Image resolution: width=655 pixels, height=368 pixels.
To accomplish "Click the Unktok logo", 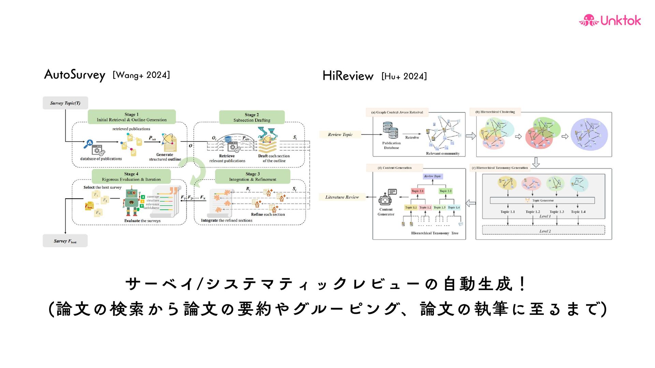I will (x=610, y=20).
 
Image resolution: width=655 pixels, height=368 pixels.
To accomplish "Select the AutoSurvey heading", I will (x=75, y=75).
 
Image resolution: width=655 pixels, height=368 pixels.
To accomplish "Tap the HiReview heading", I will (x=348, y=76).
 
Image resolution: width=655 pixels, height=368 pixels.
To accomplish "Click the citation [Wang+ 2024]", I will (x=141, y=75).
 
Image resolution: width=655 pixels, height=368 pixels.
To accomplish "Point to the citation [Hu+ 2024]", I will (x=404, y=76).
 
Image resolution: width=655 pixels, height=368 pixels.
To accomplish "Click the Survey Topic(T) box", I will (x=65, y=103).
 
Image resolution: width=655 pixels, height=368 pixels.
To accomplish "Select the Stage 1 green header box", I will (x=132, y=117).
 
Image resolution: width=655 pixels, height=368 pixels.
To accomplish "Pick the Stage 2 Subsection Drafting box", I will (x=252, y=117).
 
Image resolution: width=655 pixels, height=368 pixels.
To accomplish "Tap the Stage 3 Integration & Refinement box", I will (x=252, y=177).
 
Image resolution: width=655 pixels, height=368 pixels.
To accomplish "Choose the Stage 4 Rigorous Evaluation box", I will (x=131, y=177).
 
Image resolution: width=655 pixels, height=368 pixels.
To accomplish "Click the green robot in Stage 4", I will (x=132, y=202).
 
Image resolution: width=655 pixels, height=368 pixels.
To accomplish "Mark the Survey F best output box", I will (x=65, y=241).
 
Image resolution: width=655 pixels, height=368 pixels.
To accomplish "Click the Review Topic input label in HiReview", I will (x=340, y=135).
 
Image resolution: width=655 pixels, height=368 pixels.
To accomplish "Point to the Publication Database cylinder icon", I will (x=391, y=130).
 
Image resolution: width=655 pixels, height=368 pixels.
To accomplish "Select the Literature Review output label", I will (x=342, y=197).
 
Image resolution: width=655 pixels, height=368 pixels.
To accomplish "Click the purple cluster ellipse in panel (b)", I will (x=589, y=135).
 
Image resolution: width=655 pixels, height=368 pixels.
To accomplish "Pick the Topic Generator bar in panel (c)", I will (x=542, y=200).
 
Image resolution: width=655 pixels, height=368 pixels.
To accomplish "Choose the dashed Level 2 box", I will (x=543, y=231).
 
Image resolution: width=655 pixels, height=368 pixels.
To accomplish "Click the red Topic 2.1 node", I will (x=418, y=191).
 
